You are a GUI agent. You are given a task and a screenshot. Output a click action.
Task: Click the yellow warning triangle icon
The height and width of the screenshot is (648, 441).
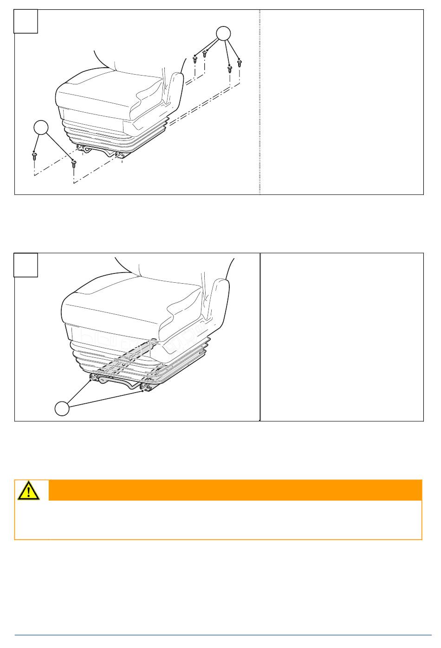point(29,491)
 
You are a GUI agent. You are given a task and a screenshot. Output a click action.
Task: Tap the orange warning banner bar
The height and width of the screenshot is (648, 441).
point(235,490)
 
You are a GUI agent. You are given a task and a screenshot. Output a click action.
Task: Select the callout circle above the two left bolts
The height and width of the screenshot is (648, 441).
point(41,127)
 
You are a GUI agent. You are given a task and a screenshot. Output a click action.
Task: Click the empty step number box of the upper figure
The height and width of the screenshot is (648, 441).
point(26,21)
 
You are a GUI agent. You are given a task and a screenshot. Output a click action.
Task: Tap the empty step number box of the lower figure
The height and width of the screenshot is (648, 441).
point(26,265)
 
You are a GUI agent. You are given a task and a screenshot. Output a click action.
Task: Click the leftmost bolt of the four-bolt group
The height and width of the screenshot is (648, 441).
point(195,59)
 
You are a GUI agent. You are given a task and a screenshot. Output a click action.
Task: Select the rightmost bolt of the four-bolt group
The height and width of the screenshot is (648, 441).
point(240,62)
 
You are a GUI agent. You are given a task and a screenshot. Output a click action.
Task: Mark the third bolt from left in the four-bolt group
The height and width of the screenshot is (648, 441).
point(229,70)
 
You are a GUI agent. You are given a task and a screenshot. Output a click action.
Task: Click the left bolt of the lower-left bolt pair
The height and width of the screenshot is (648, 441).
point(34,156)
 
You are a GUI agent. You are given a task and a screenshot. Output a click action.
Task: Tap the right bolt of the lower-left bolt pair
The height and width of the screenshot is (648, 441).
point(73,164)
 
